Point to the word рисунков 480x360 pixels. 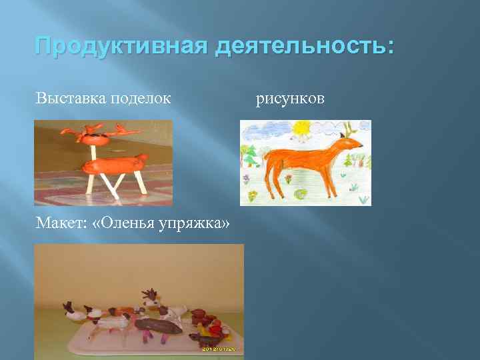pos(291,99)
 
